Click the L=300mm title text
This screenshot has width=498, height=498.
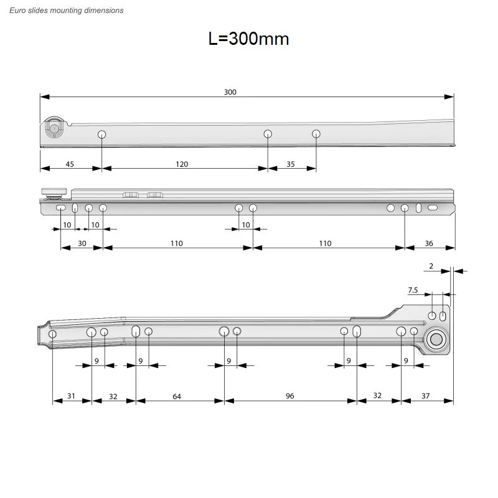point(248,39)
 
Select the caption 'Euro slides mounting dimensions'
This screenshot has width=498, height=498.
point(67,11)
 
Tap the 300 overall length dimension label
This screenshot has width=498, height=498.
point(230,92)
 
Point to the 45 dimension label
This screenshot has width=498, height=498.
point(70,164)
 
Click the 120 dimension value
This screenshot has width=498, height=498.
point(182,164)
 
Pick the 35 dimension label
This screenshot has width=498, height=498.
point(291,164)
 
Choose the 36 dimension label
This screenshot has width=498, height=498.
point(429,243)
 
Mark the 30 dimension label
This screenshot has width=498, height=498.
point(82,243)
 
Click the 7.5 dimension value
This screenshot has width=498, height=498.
point(413,290)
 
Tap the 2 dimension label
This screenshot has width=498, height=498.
point(431,266)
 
